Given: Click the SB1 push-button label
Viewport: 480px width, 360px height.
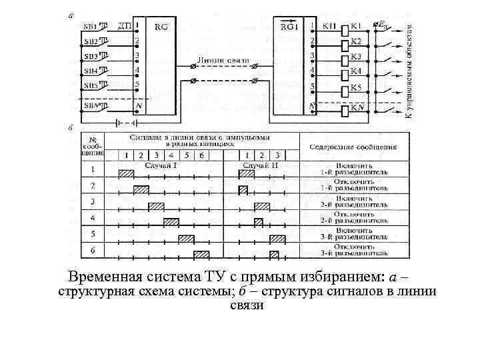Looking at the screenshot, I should (91, 27).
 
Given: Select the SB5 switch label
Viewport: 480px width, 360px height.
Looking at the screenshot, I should (91, 85).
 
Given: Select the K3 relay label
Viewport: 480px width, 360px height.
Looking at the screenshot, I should (356, 56).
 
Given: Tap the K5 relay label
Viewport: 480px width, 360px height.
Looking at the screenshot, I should (356, 87).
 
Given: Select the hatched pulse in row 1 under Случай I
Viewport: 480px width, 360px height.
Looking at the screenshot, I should (126, 174).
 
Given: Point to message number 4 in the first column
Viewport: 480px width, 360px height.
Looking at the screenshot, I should (93, 218).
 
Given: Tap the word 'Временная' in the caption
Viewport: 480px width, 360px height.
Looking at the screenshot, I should (102, 277).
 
